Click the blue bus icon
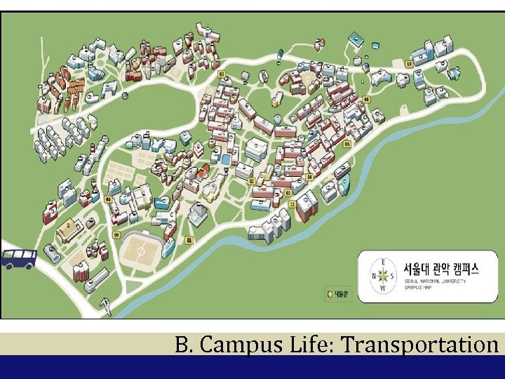19,258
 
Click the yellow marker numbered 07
222,74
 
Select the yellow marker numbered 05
347,144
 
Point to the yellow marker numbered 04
365,100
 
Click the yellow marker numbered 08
108,199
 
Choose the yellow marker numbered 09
116,234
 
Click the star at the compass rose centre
383,276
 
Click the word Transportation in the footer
430,344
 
